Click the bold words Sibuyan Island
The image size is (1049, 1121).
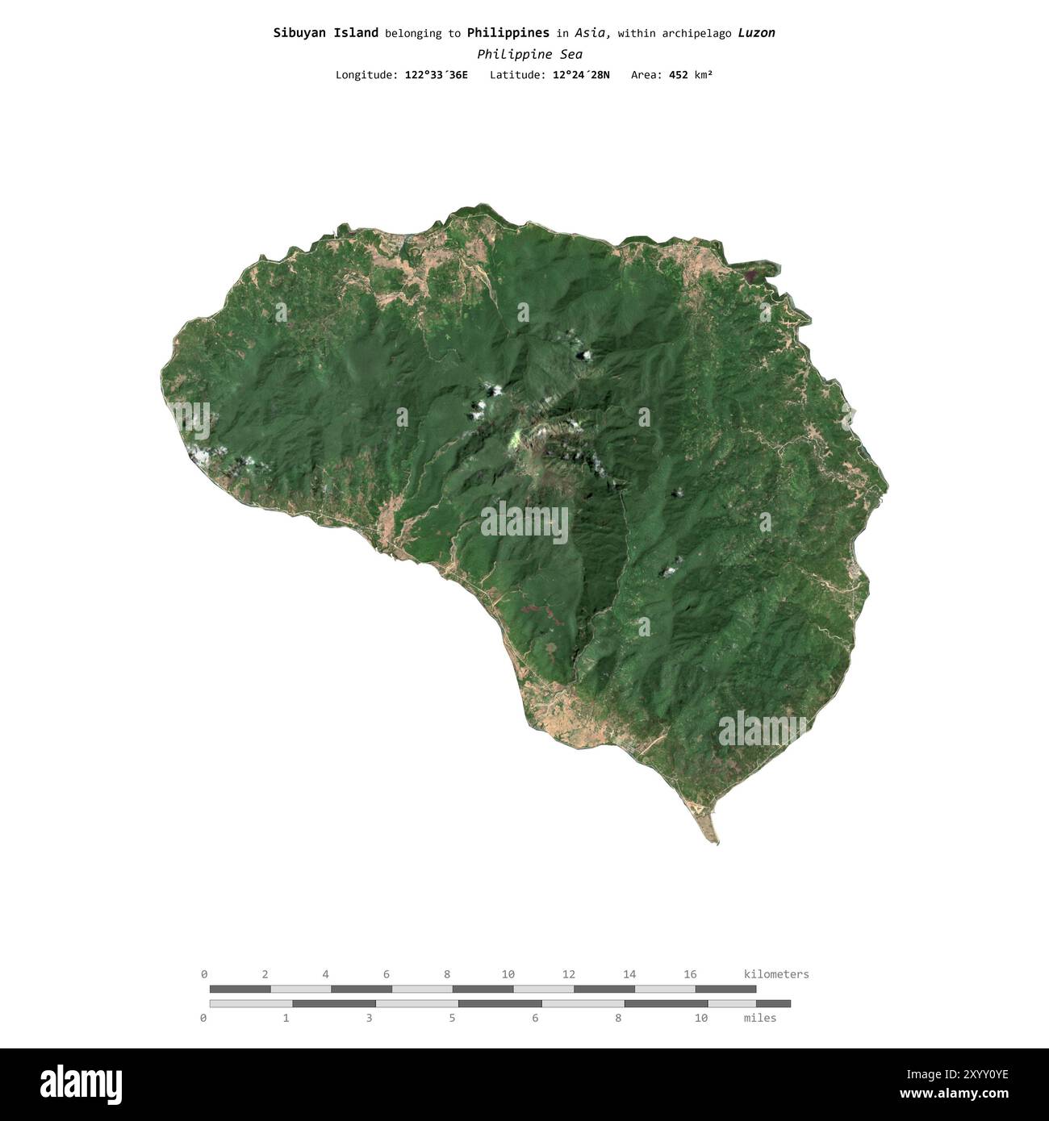tap(325, 33)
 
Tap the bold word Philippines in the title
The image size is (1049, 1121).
tap(508, 33)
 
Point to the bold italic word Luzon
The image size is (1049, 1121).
tap(756, 33)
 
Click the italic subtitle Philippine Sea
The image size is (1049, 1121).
tap(529, 54)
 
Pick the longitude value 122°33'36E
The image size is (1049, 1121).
tap(436, 75)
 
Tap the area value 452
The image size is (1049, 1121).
tap(678, 75)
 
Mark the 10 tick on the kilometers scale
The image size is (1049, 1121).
tap(508, 974)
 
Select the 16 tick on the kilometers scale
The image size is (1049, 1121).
tap(690, 974)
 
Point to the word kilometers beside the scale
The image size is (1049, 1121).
tap(775, 974)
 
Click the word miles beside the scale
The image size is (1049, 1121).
tap(759, 1018)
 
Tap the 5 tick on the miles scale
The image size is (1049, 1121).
tap(452, 1018)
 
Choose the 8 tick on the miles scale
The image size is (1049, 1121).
tap(618, 1018)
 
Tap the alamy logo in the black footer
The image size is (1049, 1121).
tap(81, 1085)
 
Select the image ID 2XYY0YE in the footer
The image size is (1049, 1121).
tap(968, 1073)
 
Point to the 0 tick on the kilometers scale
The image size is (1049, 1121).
tap(204, 974)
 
